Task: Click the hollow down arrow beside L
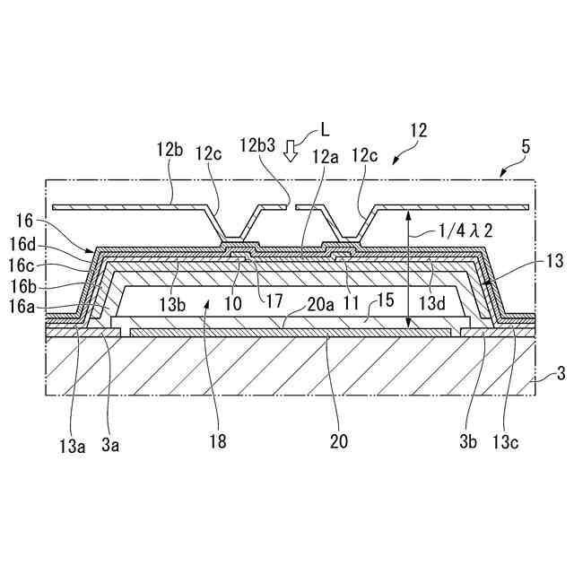pyautogui.click(x=289, y=150)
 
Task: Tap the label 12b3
pyautogui.click(x=257, y=144)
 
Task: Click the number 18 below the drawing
pyautogui.click(x=216, y=441)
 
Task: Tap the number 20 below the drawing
pyautogui.click(x=338, y=441)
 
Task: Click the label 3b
pyautogui.click(x=470, y=441)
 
